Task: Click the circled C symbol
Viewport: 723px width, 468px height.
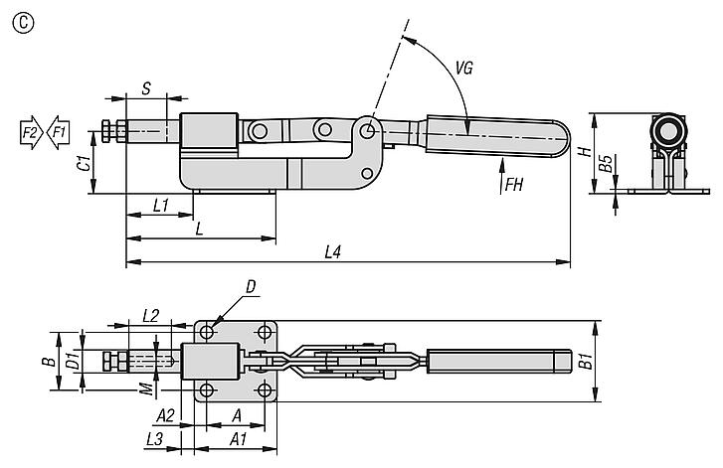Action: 23,23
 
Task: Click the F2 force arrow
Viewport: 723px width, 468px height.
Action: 32,133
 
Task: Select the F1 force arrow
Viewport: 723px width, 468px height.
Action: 58,133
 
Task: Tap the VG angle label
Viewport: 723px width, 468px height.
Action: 464,69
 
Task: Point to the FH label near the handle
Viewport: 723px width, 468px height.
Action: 514,185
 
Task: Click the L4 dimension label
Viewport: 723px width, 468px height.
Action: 332,252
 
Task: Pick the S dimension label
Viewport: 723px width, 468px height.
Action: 146,88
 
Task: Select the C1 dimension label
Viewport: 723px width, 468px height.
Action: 84,164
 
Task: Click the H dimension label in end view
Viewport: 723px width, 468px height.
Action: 585,152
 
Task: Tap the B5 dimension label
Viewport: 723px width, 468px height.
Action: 606,163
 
